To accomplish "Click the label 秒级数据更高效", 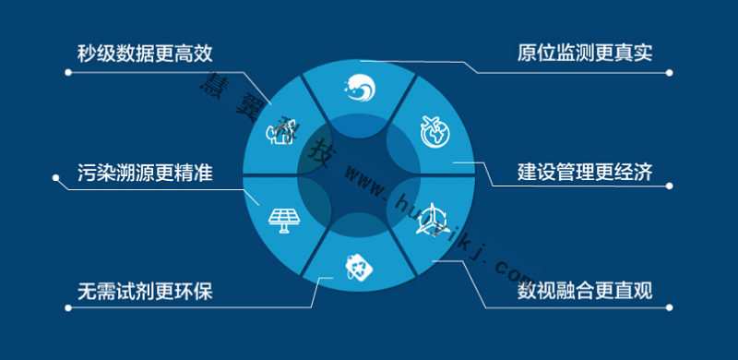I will [151, 51].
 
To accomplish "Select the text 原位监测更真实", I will [585, 51].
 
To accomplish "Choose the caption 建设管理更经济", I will [585, 172].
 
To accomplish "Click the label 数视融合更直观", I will [585, 293].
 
